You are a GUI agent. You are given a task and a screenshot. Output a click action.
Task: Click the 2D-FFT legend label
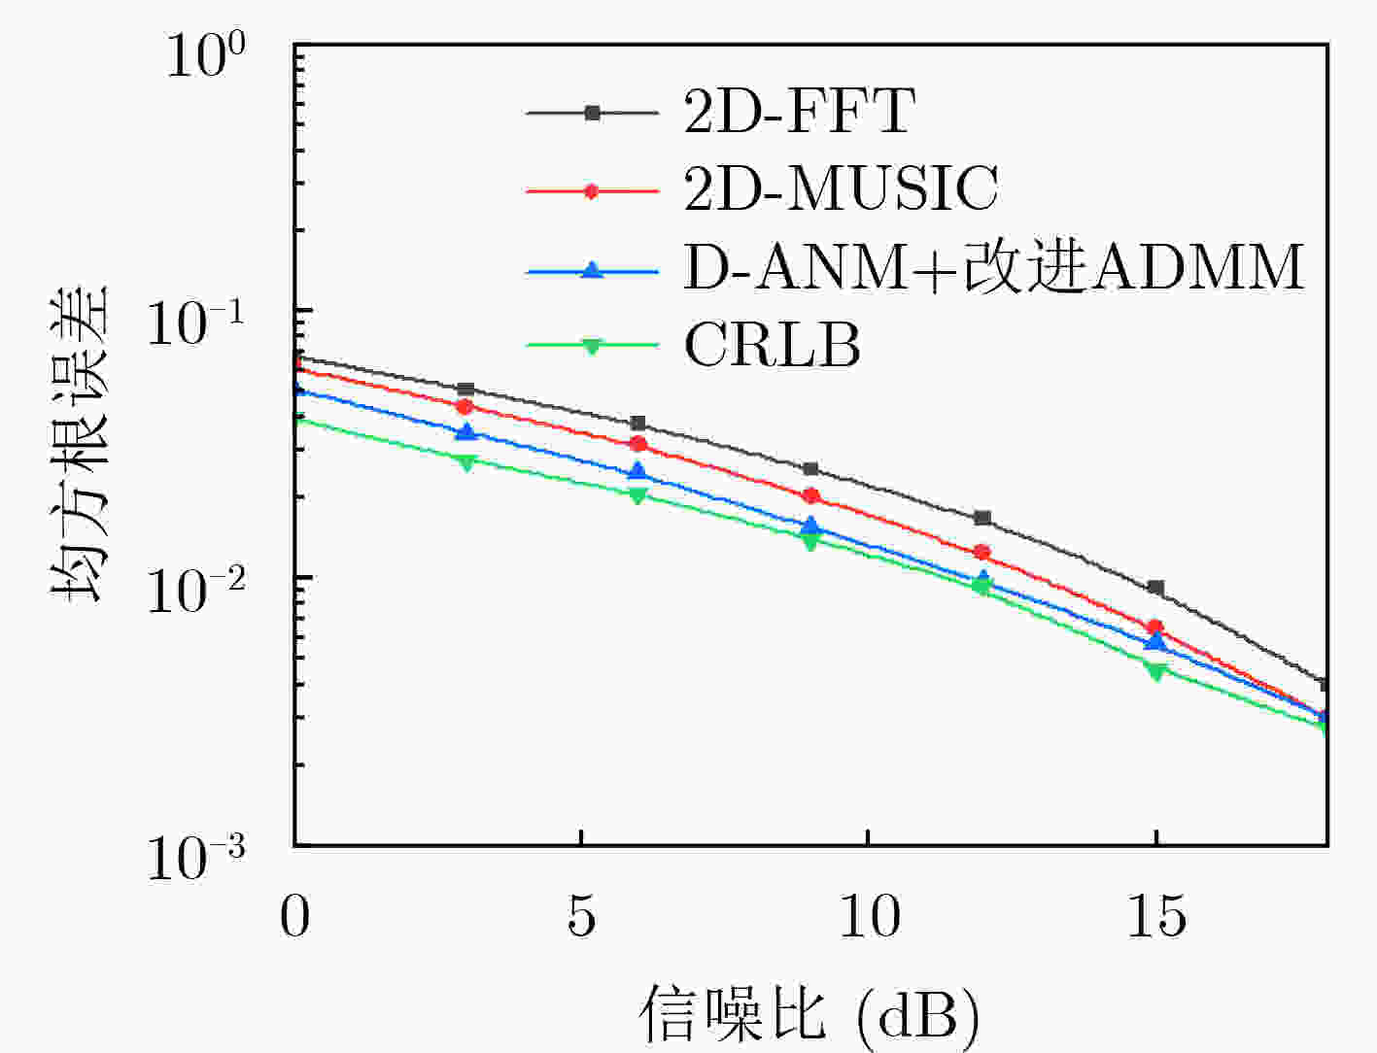pos(799,112)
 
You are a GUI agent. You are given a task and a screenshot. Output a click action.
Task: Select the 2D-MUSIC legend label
pos(841,188)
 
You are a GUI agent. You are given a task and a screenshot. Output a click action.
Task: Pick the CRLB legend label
pos(773,345)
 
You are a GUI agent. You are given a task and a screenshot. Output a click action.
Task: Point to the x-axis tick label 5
pos(581,916)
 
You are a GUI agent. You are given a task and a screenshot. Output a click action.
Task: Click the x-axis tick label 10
pos(868,916)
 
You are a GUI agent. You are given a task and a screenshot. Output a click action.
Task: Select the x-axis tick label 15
pos(1155,916)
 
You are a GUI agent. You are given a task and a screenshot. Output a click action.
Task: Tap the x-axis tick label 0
pos(294,916)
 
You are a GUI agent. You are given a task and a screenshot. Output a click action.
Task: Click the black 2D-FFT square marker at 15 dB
pos(1155,588)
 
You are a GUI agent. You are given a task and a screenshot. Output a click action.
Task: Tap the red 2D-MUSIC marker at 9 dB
pos(810,496)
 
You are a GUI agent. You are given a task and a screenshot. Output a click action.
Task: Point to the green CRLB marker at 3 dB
pos(466,462)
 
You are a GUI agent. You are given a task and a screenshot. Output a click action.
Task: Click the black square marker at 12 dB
pos(982,518)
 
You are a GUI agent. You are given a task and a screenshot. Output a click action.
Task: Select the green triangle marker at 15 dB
pos(1155,671)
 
